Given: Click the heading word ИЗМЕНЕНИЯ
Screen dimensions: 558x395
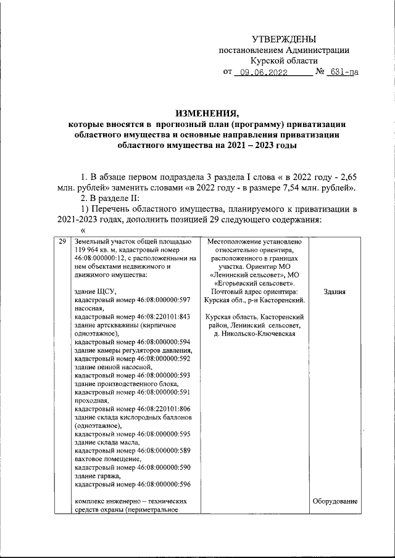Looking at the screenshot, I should tap(207, 113).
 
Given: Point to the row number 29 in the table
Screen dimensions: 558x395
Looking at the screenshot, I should tap(61, 242).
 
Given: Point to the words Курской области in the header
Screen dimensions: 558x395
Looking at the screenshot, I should tap(283, 61).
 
